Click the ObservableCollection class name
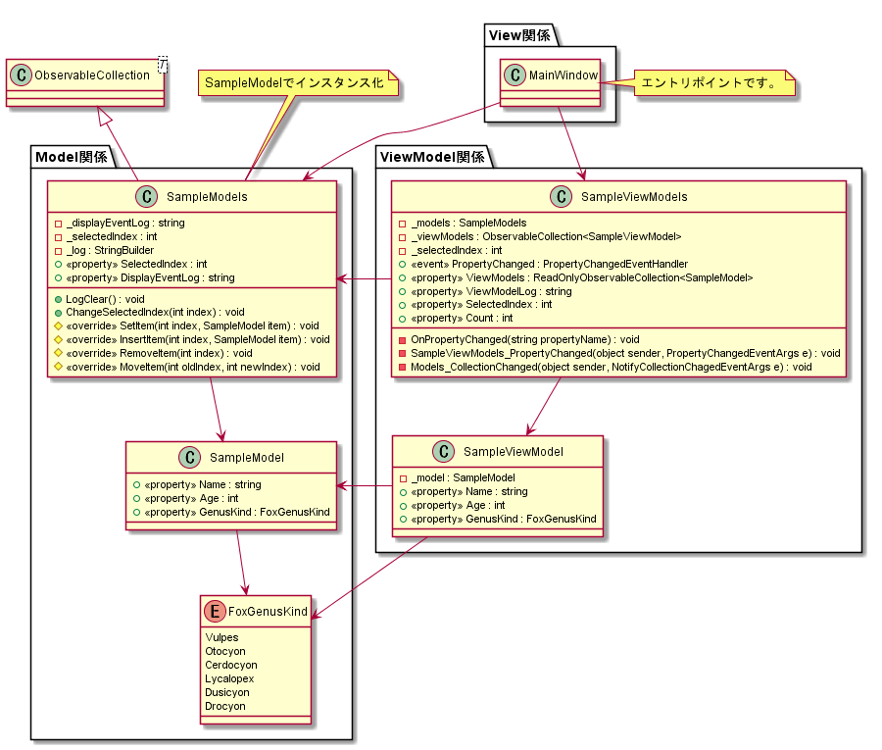[x=92, y=75]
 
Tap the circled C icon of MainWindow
[x=515, y=75]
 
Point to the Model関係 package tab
[x=71, y=157]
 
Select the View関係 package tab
[x=520, y=36]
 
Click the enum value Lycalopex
[x=228, y=678]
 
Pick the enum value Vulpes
[x=221, y=637]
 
